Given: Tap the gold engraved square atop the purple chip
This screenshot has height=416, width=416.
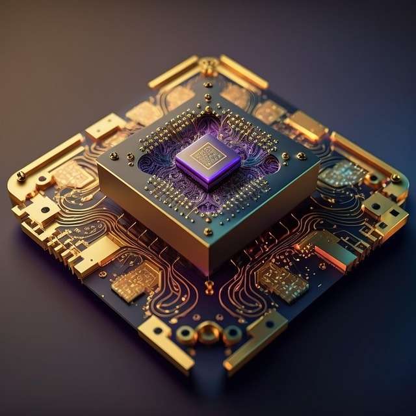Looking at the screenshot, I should tap(209, 155).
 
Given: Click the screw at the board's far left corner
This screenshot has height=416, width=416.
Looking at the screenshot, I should tap(21, 175).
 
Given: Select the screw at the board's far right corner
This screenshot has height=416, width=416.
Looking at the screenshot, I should tap(395, 177).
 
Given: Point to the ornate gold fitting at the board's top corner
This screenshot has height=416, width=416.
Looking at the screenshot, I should tap(209, 66).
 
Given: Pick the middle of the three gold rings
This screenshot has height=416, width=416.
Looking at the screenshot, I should tap(208, 333).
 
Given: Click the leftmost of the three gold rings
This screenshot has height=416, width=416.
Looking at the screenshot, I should tap(186, 335).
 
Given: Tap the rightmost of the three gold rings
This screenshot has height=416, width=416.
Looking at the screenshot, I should tap(232, 335).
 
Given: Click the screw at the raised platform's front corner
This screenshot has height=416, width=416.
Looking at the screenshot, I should tap(208, 231).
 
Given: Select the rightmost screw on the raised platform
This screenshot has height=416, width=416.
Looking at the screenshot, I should tap(301, 155).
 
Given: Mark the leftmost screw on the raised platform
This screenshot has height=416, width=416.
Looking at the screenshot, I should tap(114, 155).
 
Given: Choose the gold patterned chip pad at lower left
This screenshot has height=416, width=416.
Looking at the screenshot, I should tap(135, 281).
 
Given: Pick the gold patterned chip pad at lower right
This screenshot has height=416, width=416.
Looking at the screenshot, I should tap(281, 281).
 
